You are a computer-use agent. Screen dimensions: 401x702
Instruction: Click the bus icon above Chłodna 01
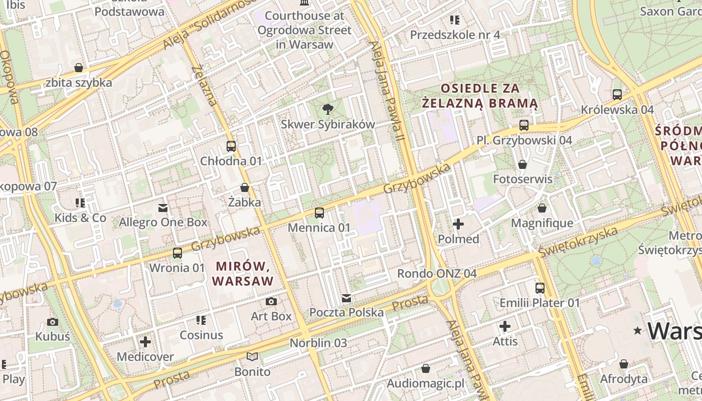pos(231,146)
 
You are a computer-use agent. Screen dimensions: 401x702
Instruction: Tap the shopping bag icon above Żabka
pos(245,188)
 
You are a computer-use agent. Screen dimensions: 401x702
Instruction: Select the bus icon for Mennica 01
pos(319,213)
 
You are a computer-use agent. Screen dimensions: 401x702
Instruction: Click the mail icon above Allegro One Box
pos(163,208)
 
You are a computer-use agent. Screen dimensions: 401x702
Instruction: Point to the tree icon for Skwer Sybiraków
pos(328,109)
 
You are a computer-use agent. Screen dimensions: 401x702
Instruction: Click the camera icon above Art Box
pos(271,301)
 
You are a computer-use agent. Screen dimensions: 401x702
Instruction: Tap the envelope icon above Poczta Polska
pos(346,298)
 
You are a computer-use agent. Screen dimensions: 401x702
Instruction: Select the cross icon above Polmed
pos(458,224)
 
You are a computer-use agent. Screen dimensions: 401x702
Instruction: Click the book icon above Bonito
pos(252,357)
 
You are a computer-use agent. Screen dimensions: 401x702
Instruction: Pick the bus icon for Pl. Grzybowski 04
pos(524,125)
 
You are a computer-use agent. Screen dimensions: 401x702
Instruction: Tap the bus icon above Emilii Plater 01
pos(540,288)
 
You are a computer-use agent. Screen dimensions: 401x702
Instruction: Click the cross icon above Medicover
pos(145,342)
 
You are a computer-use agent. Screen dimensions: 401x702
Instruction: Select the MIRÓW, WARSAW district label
pos(243,273)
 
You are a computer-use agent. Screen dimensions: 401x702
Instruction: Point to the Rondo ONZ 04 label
pos(436,274)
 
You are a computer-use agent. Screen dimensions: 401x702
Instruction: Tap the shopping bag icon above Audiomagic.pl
pos(426,369)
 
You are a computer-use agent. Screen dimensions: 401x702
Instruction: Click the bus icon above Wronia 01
pos(178,253)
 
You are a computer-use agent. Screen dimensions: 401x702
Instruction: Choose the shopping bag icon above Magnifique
pos(542,208)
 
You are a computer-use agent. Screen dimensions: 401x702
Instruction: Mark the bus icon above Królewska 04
pos(617,94)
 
